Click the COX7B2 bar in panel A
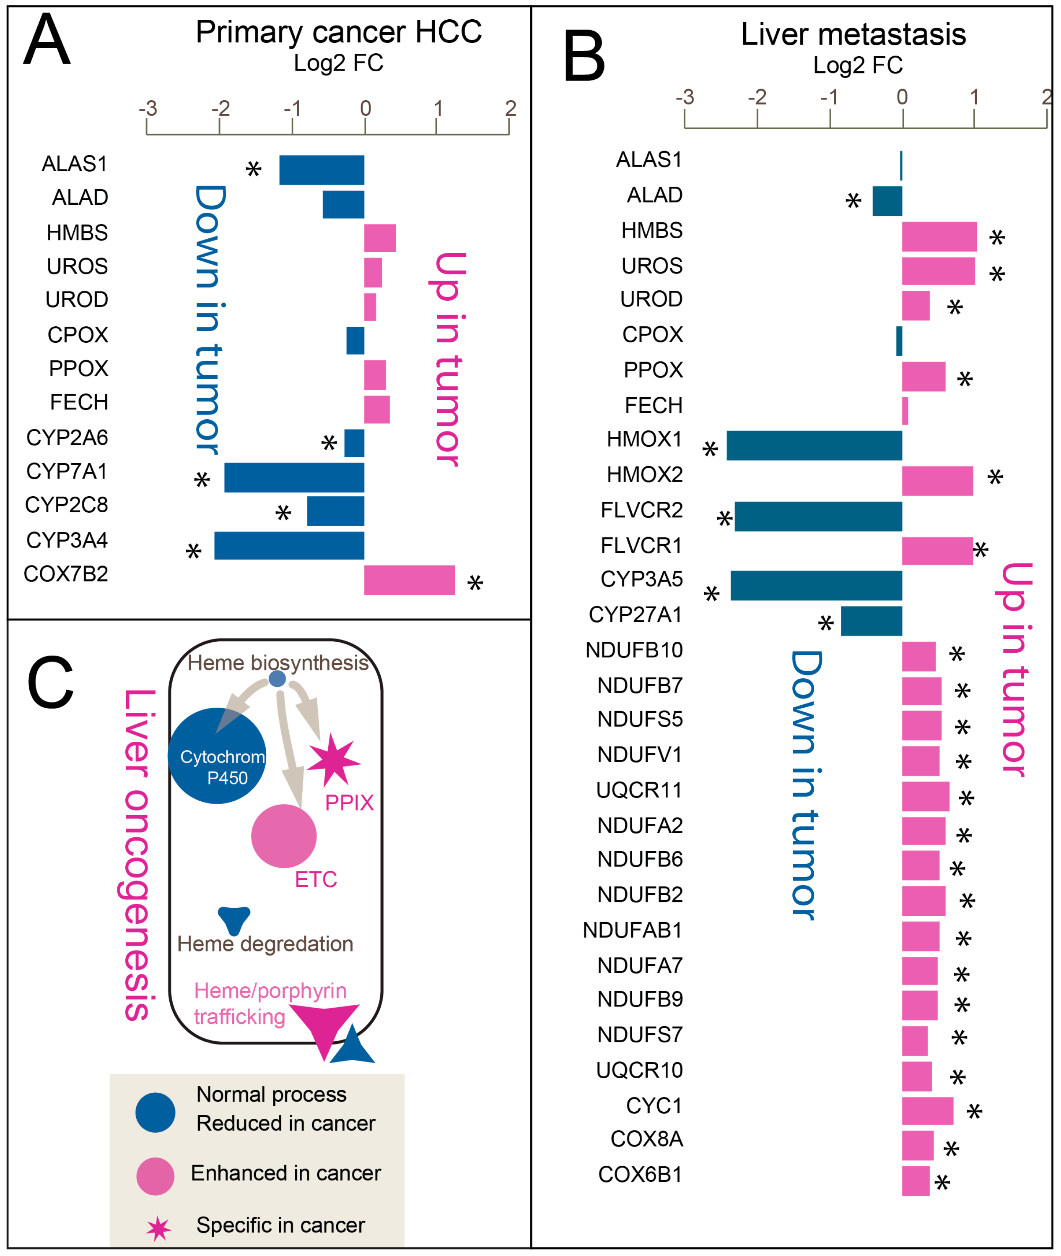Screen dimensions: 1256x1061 coord(409,580)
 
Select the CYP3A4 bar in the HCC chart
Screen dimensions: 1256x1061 coord(289,545)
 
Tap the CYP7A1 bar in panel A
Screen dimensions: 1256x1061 coord(294,477)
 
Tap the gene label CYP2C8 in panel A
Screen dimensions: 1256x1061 coord(66,504)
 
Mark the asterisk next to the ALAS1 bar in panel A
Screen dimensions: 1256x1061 coord(253,170)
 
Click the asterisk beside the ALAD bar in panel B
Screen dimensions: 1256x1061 coord(853,201)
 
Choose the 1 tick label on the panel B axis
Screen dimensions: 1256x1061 coord(974,96)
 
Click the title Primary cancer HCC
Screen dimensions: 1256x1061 coord(339,31)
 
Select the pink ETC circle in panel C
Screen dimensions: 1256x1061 coord(284,836)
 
